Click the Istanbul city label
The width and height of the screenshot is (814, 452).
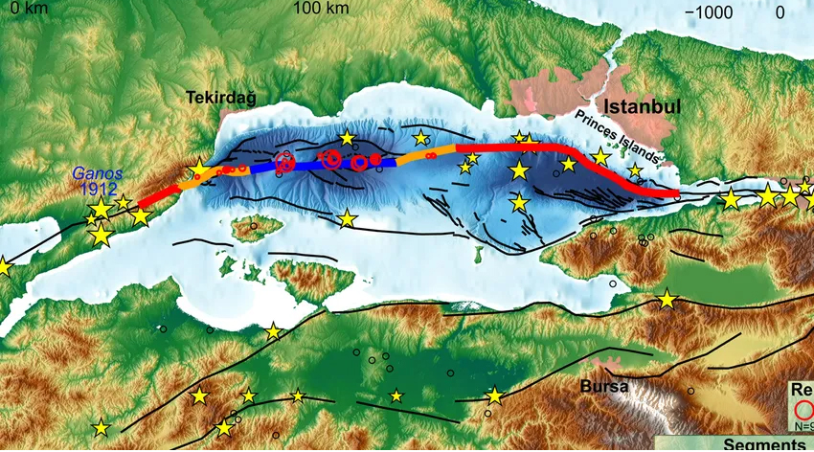point(642,106)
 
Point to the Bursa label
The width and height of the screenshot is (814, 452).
point(604,387)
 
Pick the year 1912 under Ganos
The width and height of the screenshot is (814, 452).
point(96,190)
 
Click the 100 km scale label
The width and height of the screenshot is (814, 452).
point(321,10)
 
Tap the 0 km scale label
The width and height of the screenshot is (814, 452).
point(25,10)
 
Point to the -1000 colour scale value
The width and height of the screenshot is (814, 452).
point(713,11)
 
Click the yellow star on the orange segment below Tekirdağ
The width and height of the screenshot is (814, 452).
point(199,171)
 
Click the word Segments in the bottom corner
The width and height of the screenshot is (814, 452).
point(762,444)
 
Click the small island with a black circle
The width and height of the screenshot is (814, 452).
point(254,228)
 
